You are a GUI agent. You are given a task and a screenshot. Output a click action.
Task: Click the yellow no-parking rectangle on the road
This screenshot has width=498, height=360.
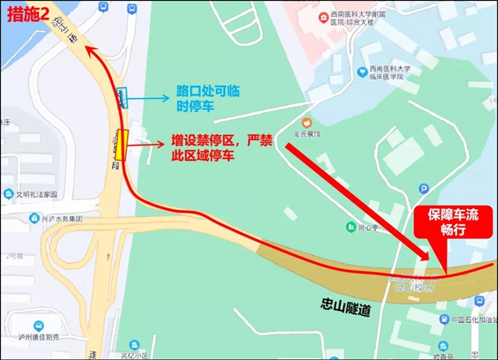click(121, 145)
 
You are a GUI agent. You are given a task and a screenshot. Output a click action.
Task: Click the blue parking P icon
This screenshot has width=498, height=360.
click(424, 188)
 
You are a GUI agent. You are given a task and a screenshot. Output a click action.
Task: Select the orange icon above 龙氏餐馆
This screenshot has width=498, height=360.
click(307, 121)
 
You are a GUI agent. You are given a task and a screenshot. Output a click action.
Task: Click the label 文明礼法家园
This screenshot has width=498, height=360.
click(39, 194)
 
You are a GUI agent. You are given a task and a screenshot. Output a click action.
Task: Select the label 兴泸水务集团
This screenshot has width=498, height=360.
click(63, 218)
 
